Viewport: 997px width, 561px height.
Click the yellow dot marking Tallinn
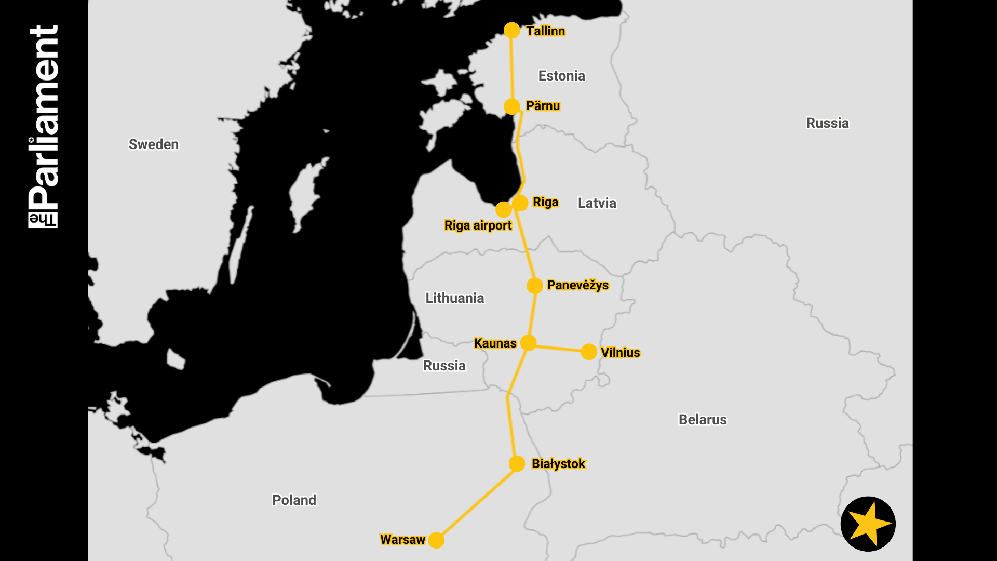[512, 30]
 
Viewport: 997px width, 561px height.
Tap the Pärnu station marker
[512, 106]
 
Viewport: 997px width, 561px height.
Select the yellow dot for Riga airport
[503, 210]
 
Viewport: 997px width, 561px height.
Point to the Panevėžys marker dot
[535, 286]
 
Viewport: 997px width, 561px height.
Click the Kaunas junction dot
[528, 343]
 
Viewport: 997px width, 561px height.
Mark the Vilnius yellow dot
[589, 352]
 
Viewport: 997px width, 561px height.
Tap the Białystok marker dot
[517, 464]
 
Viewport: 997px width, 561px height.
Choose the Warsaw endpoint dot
[437, 540]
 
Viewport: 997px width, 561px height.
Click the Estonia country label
[561, 76]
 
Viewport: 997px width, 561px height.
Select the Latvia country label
[597, 203]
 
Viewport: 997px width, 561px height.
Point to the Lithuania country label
[454, 298]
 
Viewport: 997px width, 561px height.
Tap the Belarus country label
[703, 420]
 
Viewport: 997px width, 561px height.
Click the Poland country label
[294, 500]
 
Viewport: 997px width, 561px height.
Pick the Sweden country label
[153, 144]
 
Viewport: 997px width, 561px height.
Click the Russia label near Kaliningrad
[444, 366]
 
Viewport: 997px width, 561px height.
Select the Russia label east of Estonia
[827, 123]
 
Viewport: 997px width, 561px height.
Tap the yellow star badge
[868, 524]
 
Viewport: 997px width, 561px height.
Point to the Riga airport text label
[478, 225]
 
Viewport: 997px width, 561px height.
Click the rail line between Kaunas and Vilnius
[559, 348]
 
